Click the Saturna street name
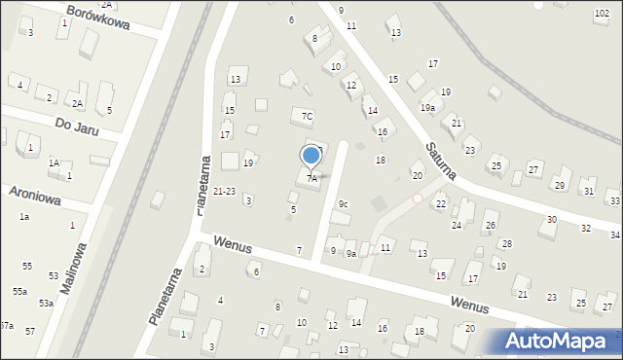[441, 159]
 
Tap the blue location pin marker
[311, 156]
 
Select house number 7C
[307, 117]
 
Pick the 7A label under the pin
[311, 179]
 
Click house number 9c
[343, 203]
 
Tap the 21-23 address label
[224, 192]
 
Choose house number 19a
[427, 108]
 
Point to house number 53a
[46, 304]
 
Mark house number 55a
[19, 291]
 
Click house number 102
[602, 13]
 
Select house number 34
[615, 234]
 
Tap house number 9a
[351, 253]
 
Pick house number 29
[559, 185]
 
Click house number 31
[589, 192]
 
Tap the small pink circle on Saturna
[418, 198]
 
